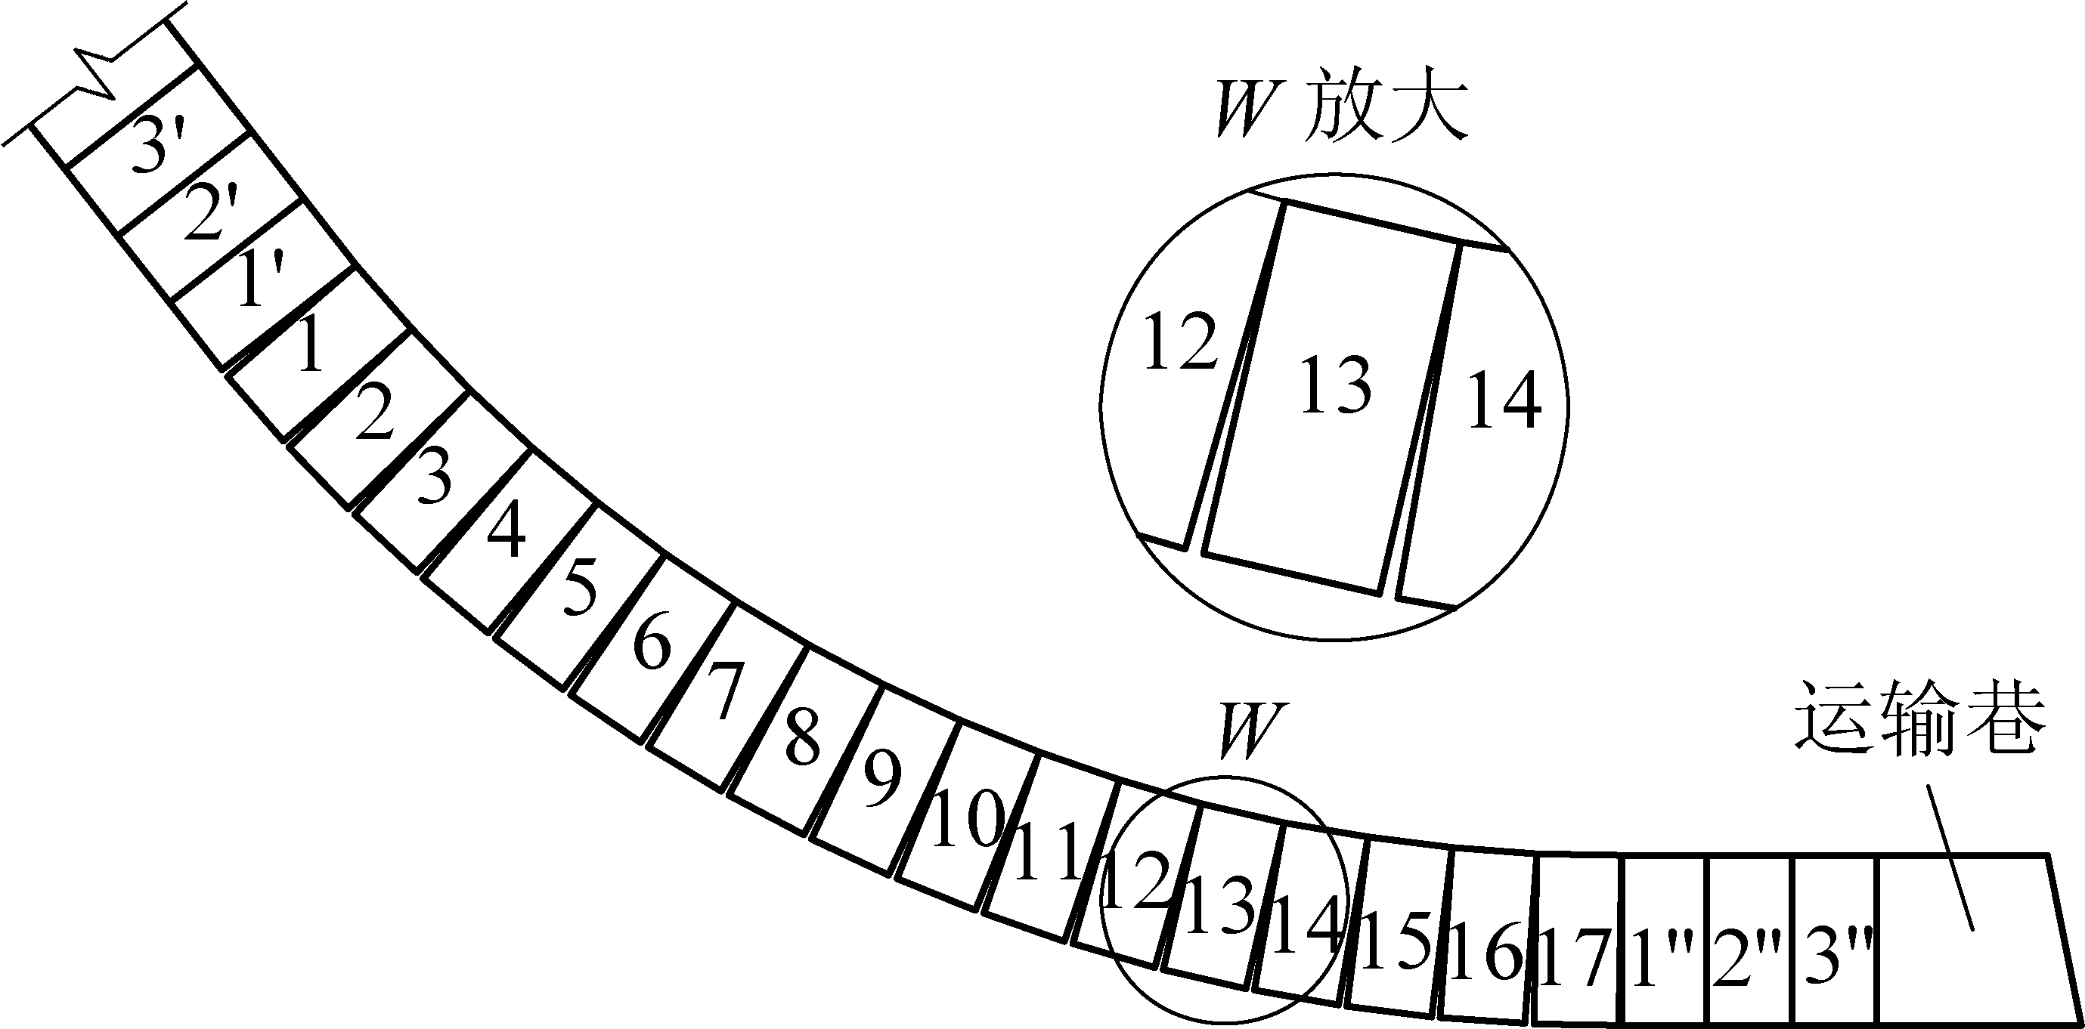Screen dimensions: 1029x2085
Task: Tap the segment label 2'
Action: (212, 214)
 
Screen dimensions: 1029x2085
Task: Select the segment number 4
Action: (506, 529)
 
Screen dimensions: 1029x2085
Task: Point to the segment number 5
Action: (580, 586)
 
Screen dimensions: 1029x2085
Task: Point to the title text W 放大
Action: (1342, 115)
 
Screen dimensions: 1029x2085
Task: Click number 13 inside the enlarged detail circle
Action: (1336, 387)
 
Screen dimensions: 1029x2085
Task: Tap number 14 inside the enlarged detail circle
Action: (1504, 400)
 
